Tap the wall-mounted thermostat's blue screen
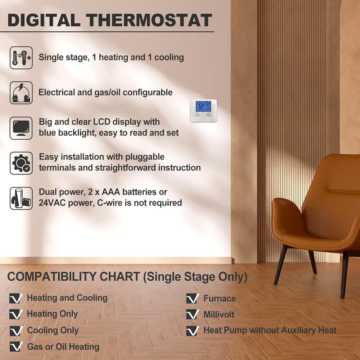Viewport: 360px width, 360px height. coord(203,107)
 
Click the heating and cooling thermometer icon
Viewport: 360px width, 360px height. coord(21,58)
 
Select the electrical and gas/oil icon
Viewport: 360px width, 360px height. coord(21,93)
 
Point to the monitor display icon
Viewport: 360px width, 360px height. coord(21,128)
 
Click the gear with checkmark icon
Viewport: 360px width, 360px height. coord(21,163)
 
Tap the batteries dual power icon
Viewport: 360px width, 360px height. coord(21,198)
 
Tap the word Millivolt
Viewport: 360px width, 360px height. coord(219,314)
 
